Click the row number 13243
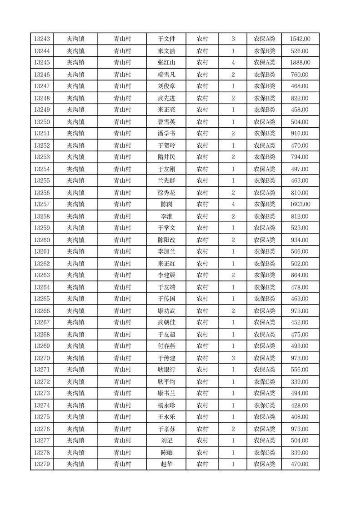[42, 39]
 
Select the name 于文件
[166, 39]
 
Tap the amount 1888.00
[300, 63]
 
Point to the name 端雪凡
[166, 75]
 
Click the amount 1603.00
[300, 205]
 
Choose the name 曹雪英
[166, 122]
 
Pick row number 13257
[42, 205]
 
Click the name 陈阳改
[166, 240]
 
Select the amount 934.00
[300, 240]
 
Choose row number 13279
[42, 464]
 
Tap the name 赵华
[166, 464]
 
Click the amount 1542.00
[300, 39]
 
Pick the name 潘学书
[166, 134]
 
